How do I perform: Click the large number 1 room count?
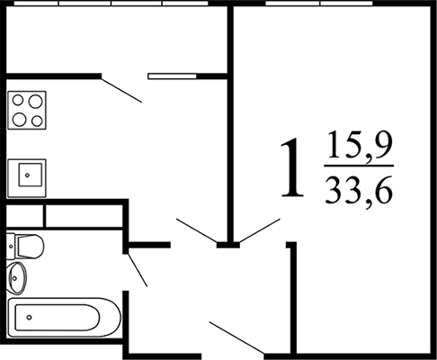click(292, 167)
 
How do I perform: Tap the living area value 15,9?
click(360, 146)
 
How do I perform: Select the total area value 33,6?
click(359, 190)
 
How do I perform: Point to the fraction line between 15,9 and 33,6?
click(359, 166)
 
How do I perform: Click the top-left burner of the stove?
click(18, 100)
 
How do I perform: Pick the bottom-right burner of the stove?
click(37, 121)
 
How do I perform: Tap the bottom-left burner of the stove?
click(19, 120)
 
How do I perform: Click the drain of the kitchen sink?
click(27, 175)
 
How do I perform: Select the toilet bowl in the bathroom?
click(31, 247)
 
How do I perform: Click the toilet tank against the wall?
click(11, 247)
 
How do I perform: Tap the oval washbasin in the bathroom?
click(17, 278)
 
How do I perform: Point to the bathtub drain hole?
click(29, 317)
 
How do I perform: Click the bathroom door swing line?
click(138, 270)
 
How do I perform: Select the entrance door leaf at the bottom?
click(236, 337)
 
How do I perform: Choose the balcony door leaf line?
click(121, 90)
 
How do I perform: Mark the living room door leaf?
click(260, 230)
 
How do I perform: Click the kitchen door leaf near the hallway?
click(196, 230)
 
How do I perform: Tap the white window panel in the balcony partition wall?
click(173, 76)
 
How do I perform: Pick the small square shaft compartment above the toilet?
click(25, 216)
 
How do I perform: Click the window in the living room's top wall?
click(319, 4)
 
